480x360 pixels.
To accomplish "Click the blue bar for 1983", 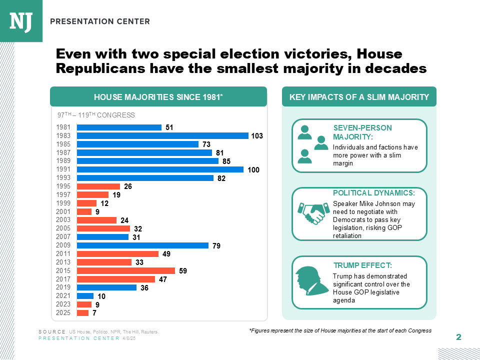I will click(x=162, y=135).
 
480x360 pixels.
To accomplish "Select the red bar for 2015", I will click(x=125, y=270).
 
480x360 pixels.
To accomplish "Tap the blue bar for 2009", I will click(x=142, y=245).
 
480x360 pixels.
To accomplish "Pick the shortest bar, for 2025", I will click(x=82, y=313).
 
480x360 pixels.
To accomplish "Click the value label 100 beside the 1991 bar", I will click(x=253, y=170).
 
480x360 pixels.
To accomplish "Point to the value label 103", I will click(x=257, y=136).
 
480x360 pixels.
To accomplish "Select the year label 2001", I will click(x=64, y=211).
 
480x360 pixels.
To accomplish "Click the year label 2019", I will click(x=64, y=287).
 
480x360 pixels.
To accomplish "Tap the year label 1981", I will click(x=64, y=127).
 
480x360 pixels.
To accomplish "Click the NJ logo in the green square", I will click(x=21, y=21).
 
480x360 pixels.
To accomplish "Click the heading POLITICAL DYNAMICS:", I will click(x=373, y=193).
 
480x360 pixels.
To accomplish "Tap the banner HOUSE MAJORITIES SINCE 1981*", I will click(x=158, y=97).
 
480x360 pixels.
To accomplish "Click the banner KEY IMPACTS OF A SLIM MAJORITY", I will click(x=359, y=97).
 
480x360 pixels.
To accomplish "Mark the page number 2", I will click(x=458, y=337).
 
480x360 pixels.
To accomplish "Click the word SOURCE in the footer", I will click(x=52, y=332).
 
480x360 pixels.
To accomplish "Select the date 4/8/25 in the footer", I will click(x=129, y=338).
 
